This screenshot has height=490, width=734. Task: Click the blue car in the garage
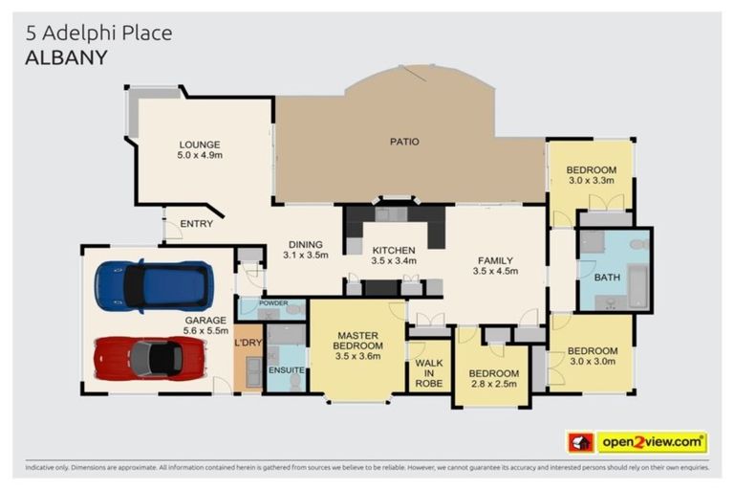point(153,285)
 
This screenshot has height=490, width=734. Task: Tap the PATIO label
point(403,142)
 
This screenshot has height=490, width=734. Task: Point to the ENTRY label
point(196,224)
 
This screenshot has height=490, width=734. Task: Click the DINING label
point(305,244)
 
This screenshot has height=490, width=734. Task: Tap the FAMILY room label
point(493,259)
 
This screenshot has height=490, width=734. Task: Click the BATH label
point(607,278)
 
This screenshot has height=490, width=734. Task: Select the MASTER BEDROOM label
point(358,340)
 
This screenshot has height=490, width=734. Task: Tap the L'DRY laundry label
point(248,342)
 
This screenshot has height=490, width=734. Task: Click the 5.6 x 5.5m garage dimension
point(205,330)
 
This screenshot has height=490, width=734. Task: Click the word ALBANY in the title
point(66,57)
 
